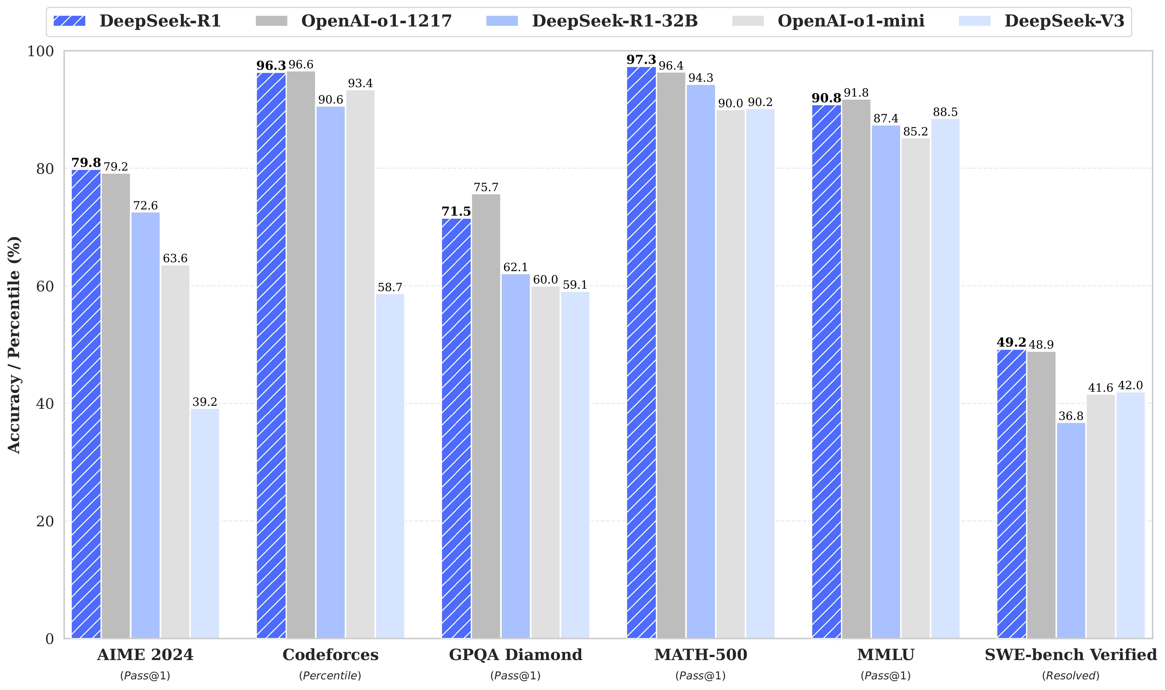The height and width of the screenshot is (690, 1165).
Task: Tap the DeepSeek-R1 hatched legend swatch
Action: [70, 21]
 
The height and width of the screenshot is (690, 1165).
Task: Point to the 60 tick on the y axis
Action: [45, 286]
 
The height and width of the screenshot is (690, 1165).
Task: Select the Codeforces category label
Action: [330, 655]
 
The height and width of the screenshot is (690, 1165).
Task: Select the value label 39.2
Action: [205, 402]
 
